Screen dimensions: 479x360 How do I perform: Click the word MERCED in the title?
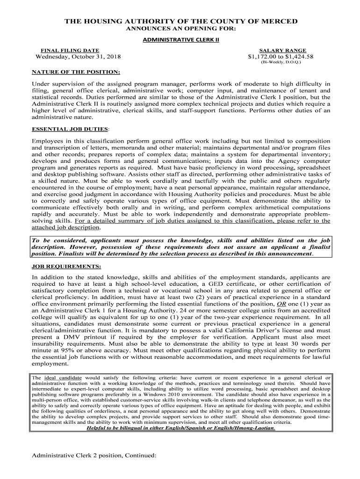(x=278, y=22)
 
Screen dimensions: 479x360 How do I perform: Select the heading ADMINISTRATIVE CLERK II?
(x=180, y=40)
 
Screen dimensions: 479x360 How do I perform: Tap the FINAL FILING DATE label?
(x=70, y=50)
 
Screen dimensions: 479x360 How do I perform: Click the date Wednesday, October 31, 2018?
(x=78, y=57)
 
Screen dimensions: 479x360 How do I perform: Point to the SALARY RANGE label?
(x=283, y=50)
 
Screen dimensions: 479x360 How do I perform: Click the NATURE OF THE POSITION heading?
(x=76, y=73)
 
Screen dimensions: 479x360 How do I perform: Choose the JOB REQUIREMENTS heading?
(x=66, y=266)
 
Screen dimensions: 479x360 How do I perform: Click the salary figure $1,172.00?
(x=265, y=57)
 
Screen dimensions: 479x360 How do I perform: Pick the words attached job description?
(x=65, y=227)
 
